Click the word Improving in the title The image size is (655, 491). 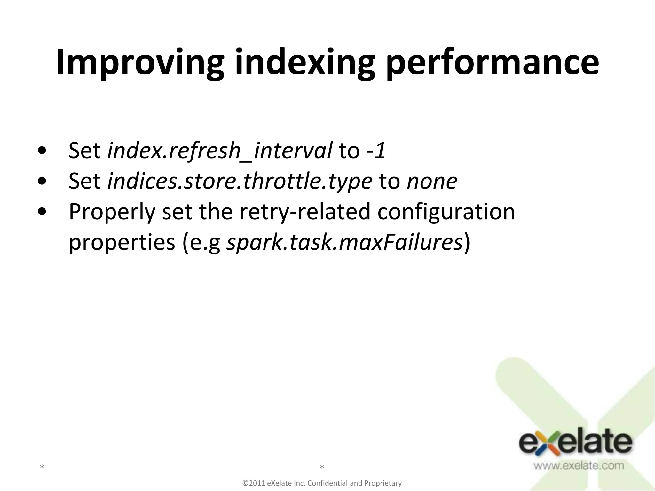pyautogui.click(x=140, y=62)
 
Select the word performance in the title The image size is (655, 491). pyautogui.click(x=492, y=62)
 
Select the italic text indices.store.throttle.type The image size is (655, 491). pyautogui.click(x=240, y=181)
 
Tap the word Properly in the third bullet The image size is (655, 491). pyautogui.click(x=112, y=212)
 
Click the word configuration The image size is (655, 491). pyautogui.click(x=446, y=212)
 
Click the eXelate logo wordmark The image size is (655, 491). pyautogui.click(x=575, y=443)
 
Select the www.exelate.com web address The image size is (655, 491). pyautogui.click(x=578, y=465)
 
